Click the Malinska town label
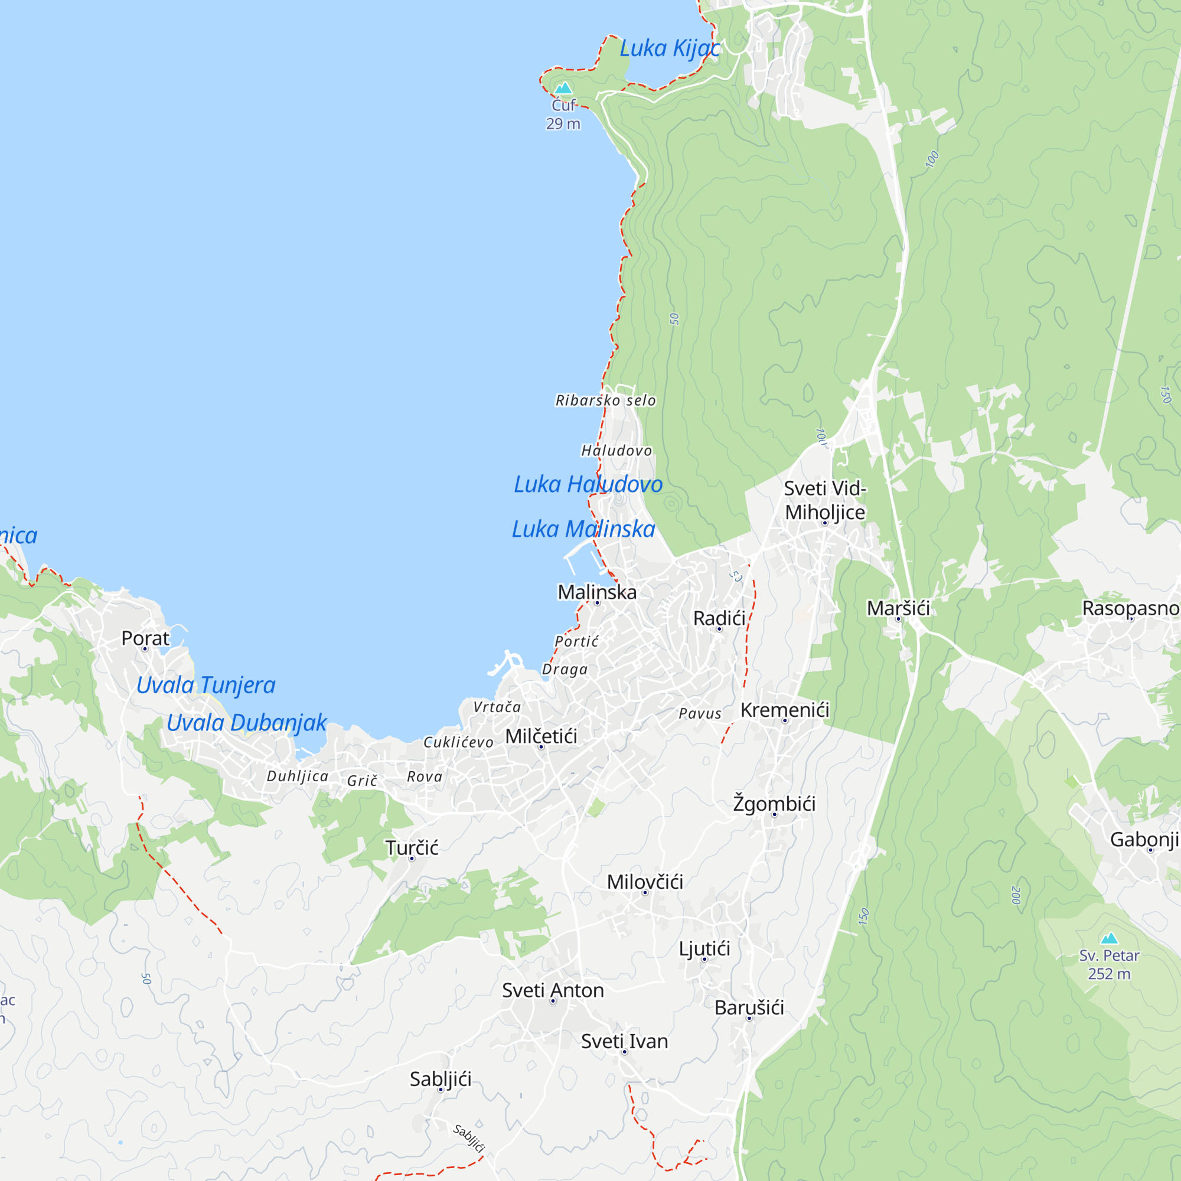pos(596,592)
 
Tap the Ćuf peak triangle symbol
pos(563,89)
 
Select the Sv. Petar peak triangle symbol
pos(1109,938)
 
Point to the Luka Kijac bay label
pos(670,48)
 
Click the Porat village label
pos(145,638)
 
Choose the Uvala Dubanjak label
pos(246,723)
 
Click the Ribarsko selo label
pos(605,400)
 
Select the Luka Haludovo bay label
pos(588,484)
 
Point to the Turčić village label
pos(412,847)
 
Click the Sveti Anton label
pos(553,990)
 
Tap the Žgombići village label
pos(774,803)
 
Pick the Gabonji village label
pos(1144,839)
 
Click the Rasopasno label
pos(1131,608)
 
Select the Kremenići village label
pos(785,710)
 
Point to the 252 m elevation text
pos(1109,974)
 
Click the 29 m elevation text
pos(563,123)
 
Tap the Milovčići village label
pos(645,882)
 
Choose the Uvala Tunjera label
pos(206,684)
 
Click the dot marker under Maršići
pos(898,619)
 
